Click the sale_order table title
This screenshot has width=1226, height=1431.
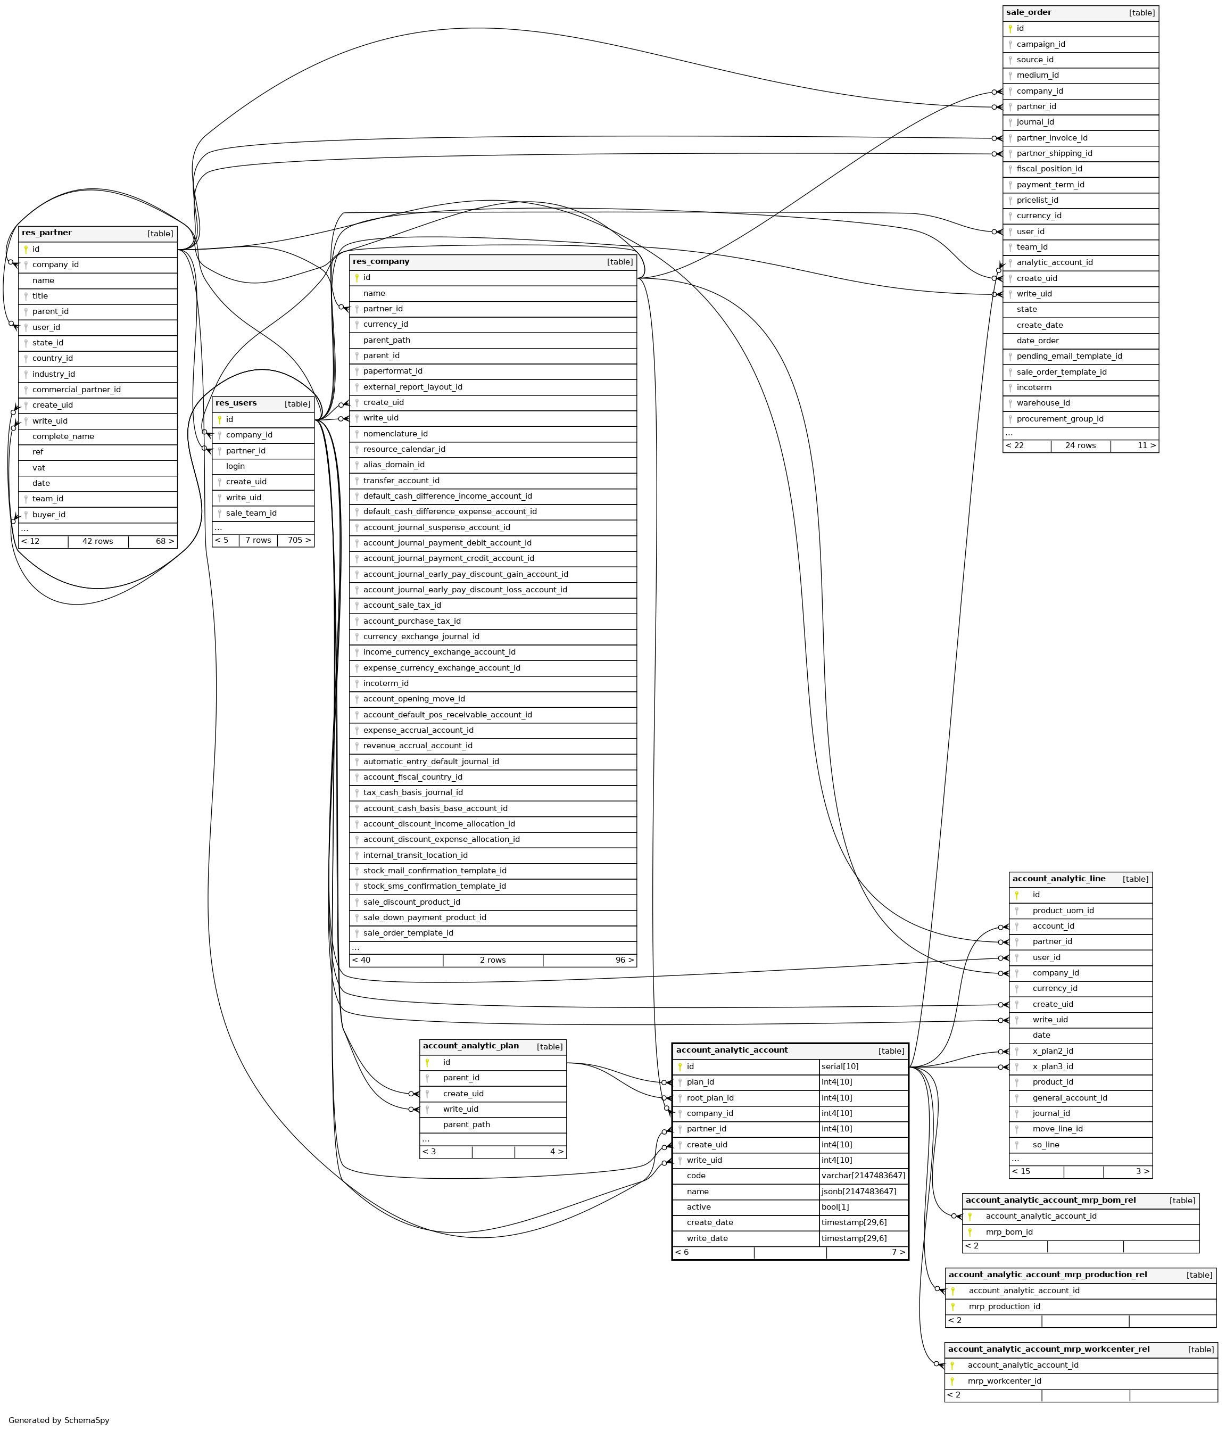1029,12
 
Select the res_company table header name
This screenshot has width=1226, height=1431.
380,262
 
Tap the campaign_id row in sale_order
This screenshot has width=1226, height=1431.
1040,44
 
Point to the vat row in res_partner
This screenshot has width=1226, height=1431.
39,468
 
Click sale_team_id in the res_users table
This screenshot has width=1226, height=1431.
251,513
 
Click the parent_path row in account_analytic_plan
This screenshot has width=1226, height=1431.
466,1124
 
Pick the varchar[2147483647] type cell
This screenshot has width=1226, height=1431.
863,1176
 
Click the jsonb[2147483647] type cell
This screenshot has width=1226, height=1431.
858,1192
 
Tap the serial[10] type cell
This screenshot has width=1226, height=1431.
840,1066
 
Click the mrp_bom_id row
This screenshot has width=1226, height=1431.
1008,1232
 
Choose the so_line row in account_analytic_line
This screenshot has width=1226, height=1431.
1046,1144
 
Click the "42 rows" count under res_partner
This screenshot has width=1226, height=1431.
97,541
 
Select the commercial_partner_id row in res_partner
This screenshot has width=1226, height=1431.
76,390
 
